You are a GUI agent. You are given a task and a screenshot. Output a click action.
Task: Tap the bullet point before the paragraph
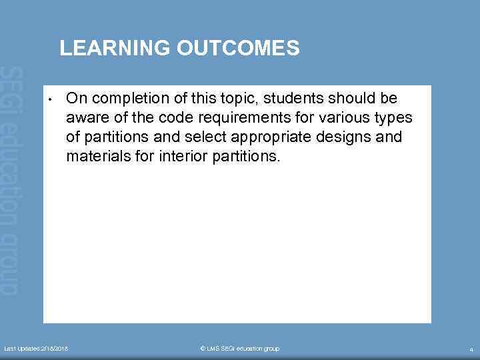(50, 101)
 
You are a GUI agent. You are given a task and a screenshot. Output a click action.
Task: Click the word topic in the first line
(235, 99)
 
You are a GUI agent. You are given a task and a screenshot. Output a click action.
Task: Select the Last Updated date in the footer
(36, 349)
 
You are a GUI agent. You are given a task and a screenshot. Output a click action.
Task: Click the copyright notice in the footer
(239, 349)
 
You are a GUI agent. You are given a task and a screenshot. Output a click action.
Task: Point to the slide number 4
(471, 349)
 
